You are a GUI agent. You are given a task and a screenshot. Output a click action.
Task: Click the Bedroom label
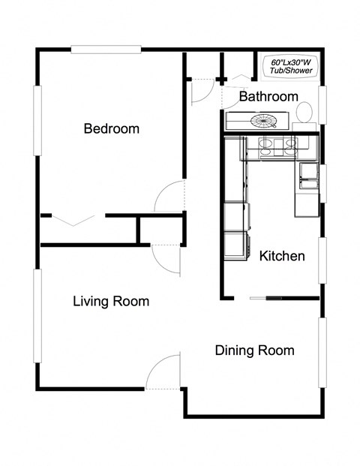[111, 128]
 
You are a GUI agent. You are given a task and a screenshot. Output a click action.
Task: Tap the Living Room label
[111, 302]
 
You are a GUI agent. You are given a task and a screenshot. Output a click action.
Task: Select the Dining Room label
[254, 350]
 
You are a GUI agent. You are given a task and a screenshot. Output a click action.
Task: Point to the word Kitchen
[282, 257]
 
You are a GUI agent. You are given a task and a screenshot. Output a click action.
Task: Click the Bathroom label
[268, 97]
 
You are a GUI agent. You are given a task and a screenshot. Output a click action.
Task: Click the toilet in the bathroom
[304, 113]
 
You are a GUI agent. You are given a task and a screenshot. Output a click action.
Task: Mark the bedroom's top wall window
[106, 50]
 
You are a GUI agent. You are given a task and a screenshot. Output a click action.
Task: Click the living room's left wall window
[37, 316]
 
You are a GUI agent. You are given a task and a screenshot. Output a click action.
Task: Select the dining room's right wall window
[324, 353]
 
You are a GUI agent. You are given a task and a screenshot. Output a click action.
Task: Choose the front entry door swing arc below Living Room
[166, 370]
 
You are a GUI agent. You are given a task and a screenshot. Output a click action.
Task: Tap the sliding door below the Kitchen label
[266, 299]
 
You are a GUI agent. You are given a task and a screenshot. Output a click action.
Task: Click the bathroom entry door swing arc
[199, 92]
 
